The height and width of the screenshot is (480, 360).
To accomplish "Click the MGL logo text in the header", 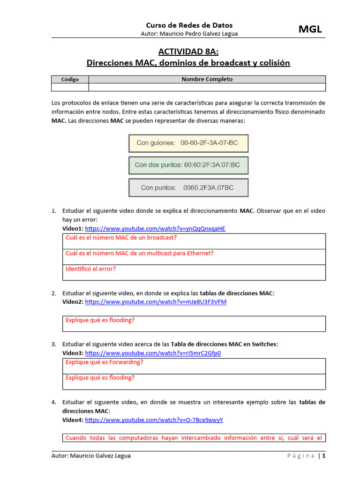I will (310, 30).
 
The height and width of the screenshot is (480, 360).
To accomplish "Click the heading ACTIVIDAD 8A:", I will (188, 52).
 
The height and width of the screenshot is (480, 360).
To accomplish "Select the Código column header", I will (70, 79).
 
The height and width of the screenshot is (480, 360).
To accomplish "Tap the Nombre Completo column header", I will (207, 79).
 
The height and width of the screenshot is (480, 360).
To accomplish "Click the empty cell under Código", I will (70, 87).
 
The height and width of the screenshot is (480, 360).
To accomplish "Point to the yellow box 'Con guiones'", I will (188, 143).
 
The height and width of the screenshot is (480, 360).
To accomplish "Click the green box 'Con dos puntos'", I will (188, 165).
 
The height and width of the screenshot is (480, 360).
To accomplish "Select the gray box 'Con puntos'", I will (188, 187).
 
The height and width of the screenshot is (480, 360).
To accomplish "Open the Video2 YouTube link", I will (156, 302).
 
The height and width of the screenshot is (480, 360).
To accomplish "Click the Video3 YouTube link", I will (153, 353).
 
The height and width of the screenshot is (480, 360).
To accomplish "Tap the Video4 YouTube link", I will (154, 420).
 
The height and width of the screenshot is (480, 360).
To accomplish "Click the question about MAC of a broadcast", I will (121, 238).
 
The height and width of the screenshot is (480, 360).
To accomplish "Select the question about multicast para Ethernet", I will (140, 253).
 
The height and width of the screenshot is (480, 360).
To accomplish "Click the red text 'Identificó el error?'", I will (91, 269).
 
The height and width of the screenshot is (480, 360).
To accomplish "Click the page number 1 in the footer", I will (323, 456).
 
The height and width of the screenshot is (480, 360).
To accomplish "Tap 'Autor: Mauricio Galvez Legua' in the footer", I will (91, 456).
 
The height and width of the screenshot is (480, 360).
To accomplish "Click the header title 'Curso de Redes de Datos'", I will (189, 25).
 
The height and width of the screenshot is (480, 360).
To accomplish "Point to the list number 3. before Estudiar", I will (54, 344).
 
